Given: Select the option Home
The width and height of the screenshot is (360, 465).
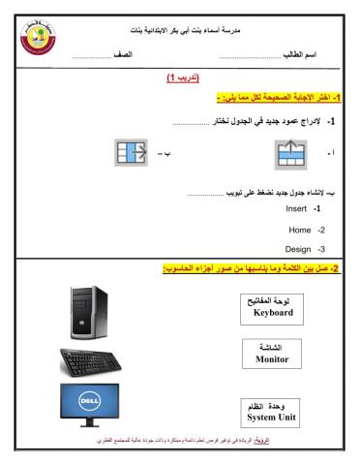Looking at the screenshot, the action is point(300,230).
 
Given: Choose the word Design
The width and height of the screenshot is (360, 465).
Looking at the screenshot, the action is point(297,250).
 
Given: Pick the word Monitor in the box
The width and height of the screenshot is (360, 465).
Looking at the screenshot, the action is point(271,357).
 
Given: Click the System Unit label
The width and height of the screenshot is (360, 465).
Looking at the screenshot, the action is point(272,418).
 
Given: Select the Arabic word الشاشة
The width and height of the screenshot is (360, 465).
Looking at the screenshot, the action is point(272,345).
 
